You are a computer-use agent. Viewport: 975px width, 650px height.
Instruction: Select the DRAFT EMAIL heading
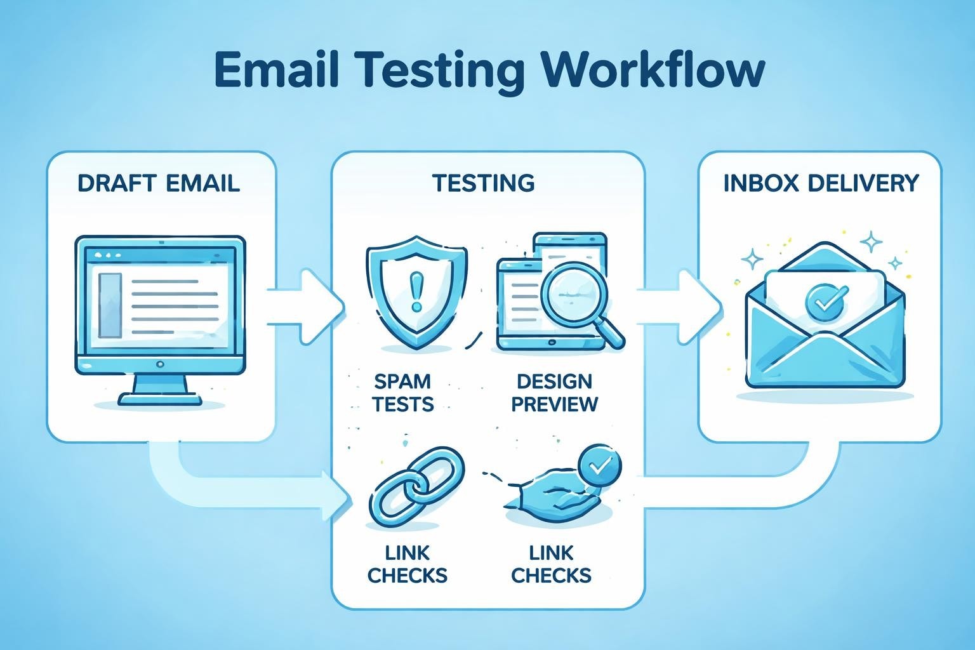click(x=159, y=183)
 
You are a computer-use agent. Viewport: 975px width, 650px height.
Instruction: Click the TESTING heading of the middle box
click(x=484, y=183)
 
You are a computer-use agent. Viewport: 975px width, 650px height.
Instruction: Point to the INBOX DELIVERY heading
click(x=821, y=183)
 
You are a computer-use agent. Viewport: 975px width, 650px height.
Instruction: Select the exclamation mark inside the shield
click(x=416, y=291)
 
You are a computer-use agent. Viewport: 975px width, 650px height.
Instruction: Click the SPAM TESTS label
click(x=402, y=392)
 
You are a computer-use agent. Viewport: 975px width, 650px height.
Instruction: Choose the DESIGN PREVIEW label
click(x=554, y=392)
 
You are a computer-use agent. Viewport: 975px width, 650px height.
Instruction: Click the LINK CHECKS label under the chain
click(x=407, y=564)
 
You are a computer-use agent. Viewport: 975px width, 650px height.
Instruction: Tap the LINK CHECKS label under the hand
click(x=551, y=564)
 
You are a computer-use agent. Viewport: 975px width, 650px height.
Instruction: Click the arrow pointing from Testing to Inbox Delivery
click(x=682, y=298)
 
